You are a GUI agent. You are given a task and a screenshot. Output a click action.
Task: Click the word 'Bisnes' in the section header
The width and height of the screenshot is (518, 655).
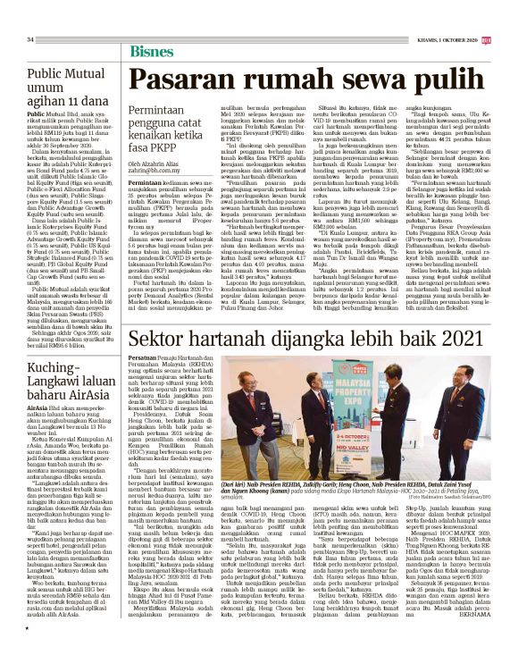point(152,50)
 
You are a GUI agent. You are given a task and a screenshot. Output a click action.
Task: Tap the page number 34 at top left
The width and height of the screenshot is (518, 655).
point(30,40)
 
